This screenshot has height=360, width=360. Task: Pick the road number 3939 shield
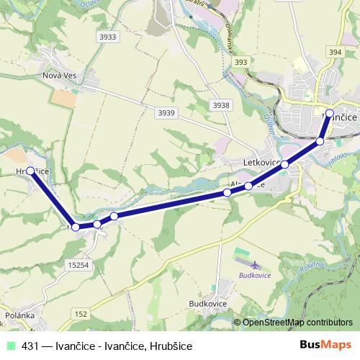pos(166,112)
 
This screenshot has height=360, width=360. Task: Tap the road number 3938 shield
pos(222,105)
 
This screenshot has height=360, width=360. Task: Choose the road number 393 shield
pos(241,62)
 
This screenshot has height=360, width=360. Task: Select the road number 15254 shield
pos(81,266)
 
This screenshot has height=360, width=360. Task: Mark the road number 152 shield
pos(81,313)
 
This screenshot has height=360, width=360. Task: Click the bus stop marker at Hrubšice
pos(30,171)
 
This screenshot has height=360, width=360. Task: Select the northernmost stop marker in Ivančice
pos(329,113)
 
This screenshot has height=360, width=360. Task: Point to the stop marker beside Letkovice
pos(284,165)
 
